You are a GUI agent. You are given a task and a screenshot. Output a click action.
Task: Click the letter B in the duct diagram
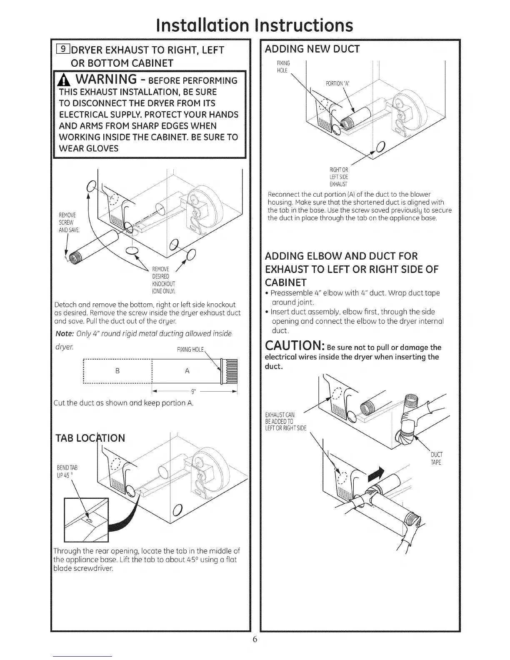[x=117, y=370]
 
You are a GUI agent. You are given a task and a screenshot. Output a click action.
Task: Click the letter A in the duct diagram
[x=187, y=370]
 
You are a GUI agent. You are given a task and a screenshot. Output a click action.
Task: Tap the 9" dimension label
[x=193, y=392]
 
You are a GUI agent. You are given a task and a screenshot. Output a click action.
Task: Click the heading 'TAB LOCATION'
[x=90, y=438]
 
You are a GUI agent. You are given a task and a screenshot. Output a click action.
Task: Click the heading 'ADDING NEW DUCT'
[x=312, y=49]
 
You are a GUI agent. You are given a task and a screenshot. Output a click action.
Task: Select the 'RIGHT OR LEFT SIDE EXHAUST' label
[x=338, y=177]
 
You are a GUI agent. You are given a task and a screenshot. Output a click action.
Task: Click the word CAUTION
[x=294, y=347]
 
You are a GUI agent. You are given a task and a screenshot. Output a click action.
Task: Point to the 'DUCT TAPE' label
[x=435, y=458]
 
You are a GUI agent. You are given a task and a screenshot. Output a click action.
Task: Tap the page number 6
[x=255, y=639]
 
